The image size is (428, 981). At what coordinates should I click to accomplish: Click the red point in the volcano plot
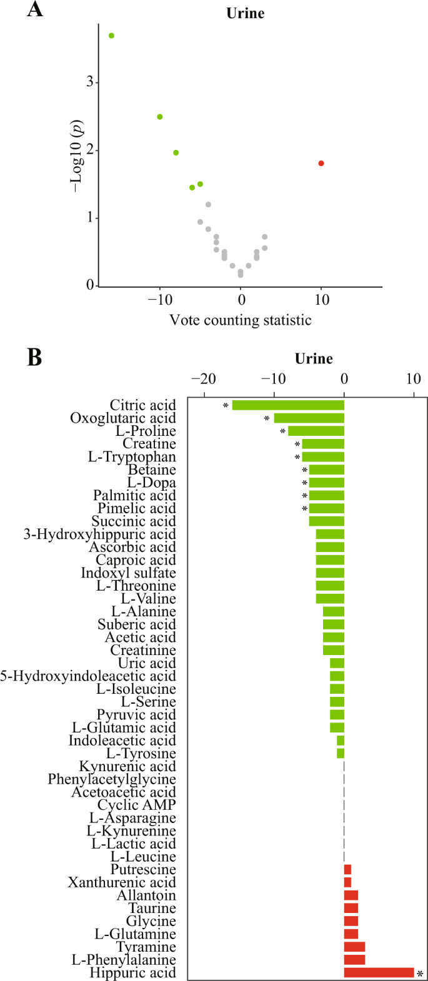pos(321,163)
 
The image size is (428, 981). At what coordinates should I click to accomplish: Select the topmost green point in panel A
pos(111,36)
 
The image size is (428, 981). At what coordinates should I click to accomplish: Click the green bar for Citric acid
pos(288,405)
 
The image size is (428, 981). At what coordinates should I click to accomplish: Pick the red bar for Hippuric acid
pos(379,972)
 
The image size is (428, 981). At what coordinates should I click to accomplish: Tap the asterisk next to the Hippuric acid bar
pos(420,974)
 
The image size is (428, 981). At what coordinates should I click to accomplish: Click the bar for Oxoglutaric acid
pos(309,418)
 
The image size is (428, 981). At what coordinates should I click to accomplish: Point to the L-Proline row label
pos(146,431)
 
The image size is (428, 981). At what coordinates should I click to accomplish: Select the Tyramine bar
pos(354,947)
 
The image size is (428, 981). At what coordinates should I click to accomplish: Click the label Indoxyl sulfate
pos(128,573)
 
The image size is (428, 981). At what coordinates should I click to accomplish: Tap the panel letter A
pos(35,10)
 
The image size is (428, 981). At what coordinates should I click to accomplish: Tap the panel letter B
pos(34,357)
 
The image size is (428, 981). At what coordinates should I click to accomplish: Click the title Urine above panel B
pos(314,358)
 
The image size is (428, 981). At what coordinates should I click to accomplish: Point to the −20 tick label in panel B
pos(203,379)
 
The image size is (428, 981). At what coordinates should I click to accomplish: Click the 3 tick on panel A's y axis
pos(90,82)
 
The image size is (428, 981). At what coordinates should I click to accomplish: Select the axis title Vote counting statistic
pos(241,320)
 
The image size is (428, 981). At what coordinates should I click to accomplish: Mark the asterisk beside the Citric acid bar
pos(226,407)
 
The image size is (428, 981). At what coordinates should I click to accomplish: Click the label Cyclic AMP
pos(136,805)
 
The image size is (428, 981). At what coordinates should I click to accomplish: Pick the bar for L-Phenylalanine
pos(354,959)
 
